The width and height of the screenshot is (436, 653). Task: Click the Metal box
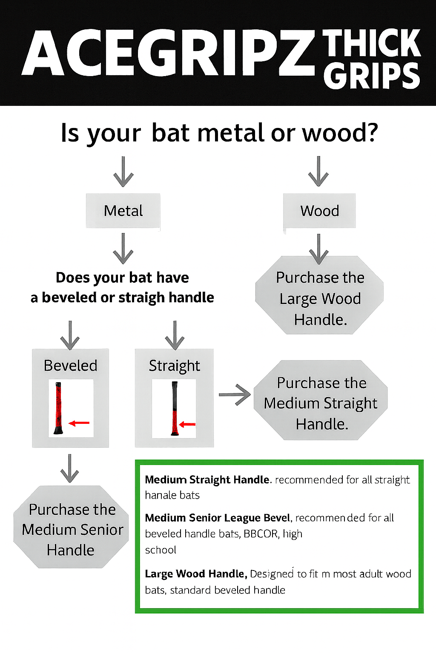(x=123, y=211)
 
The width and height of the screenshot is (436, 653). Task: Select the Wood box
(x=319, y=211)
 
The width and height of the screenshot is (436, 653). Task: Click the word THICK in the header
(x=371, y=43)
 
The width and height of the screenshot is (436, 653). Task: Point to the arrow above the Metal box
(x=123, y=172)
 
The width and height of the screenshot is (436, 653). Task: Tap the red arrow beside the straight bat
(x=187, y=424)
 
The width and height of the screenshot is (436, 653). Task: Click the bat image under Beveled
(x=58, y=408)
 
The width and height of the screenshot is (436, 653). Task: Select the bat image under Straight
(x=175, y=409)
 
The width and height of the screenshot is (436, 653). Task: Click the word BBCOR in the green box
(x=261, y=534)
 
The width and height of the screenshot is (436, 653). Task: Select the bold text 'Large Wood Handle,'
(x=196, y=574)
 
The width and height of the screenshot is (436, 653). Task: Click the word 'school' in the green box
(x=161, y=550)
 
